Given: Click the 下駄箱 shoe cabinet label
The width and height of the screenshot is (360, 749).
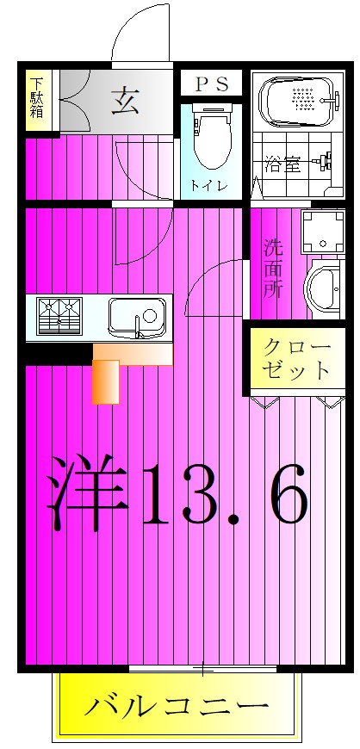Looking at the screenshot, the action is point(37,98).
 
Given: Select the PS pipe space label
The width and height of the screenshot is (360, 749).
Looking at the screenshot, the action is point(212,84).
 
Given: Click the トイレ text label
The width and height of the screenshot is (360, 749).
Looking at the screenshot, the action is point(208,185).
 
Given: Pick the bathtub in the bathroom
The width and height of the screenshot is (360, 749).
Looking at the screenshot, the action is point(300,101).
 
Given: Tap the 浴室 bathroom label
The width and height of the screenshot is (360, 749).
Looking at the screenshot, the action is point(283,165).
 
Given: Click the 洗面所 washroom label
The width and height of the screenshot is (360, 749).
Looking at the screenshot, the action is point(274,269).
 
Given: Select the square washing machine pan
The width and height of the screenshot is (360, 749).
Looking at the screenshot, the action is point(323,232).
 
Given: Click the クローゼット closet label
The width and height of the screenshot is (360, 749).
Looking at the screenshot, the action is point(296,358).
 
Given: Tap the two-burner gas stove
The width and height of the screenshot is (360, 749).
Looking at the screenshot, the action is point(59,316).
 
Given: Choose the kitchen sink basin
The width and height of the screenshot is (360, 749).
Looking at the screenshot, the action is point(137,317).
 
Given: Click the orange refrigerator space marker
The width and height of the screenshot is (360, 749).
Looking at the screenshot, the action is point(106,381).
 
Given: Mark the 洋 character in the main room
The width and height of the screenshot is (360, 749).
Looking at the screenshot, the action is point(89,492).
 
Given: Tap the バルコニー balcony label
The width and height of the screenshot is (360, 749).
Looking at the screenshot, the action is point(176,705).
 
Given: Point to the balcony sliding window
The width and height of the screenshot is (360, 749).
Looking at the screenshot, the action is point(203,669).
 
